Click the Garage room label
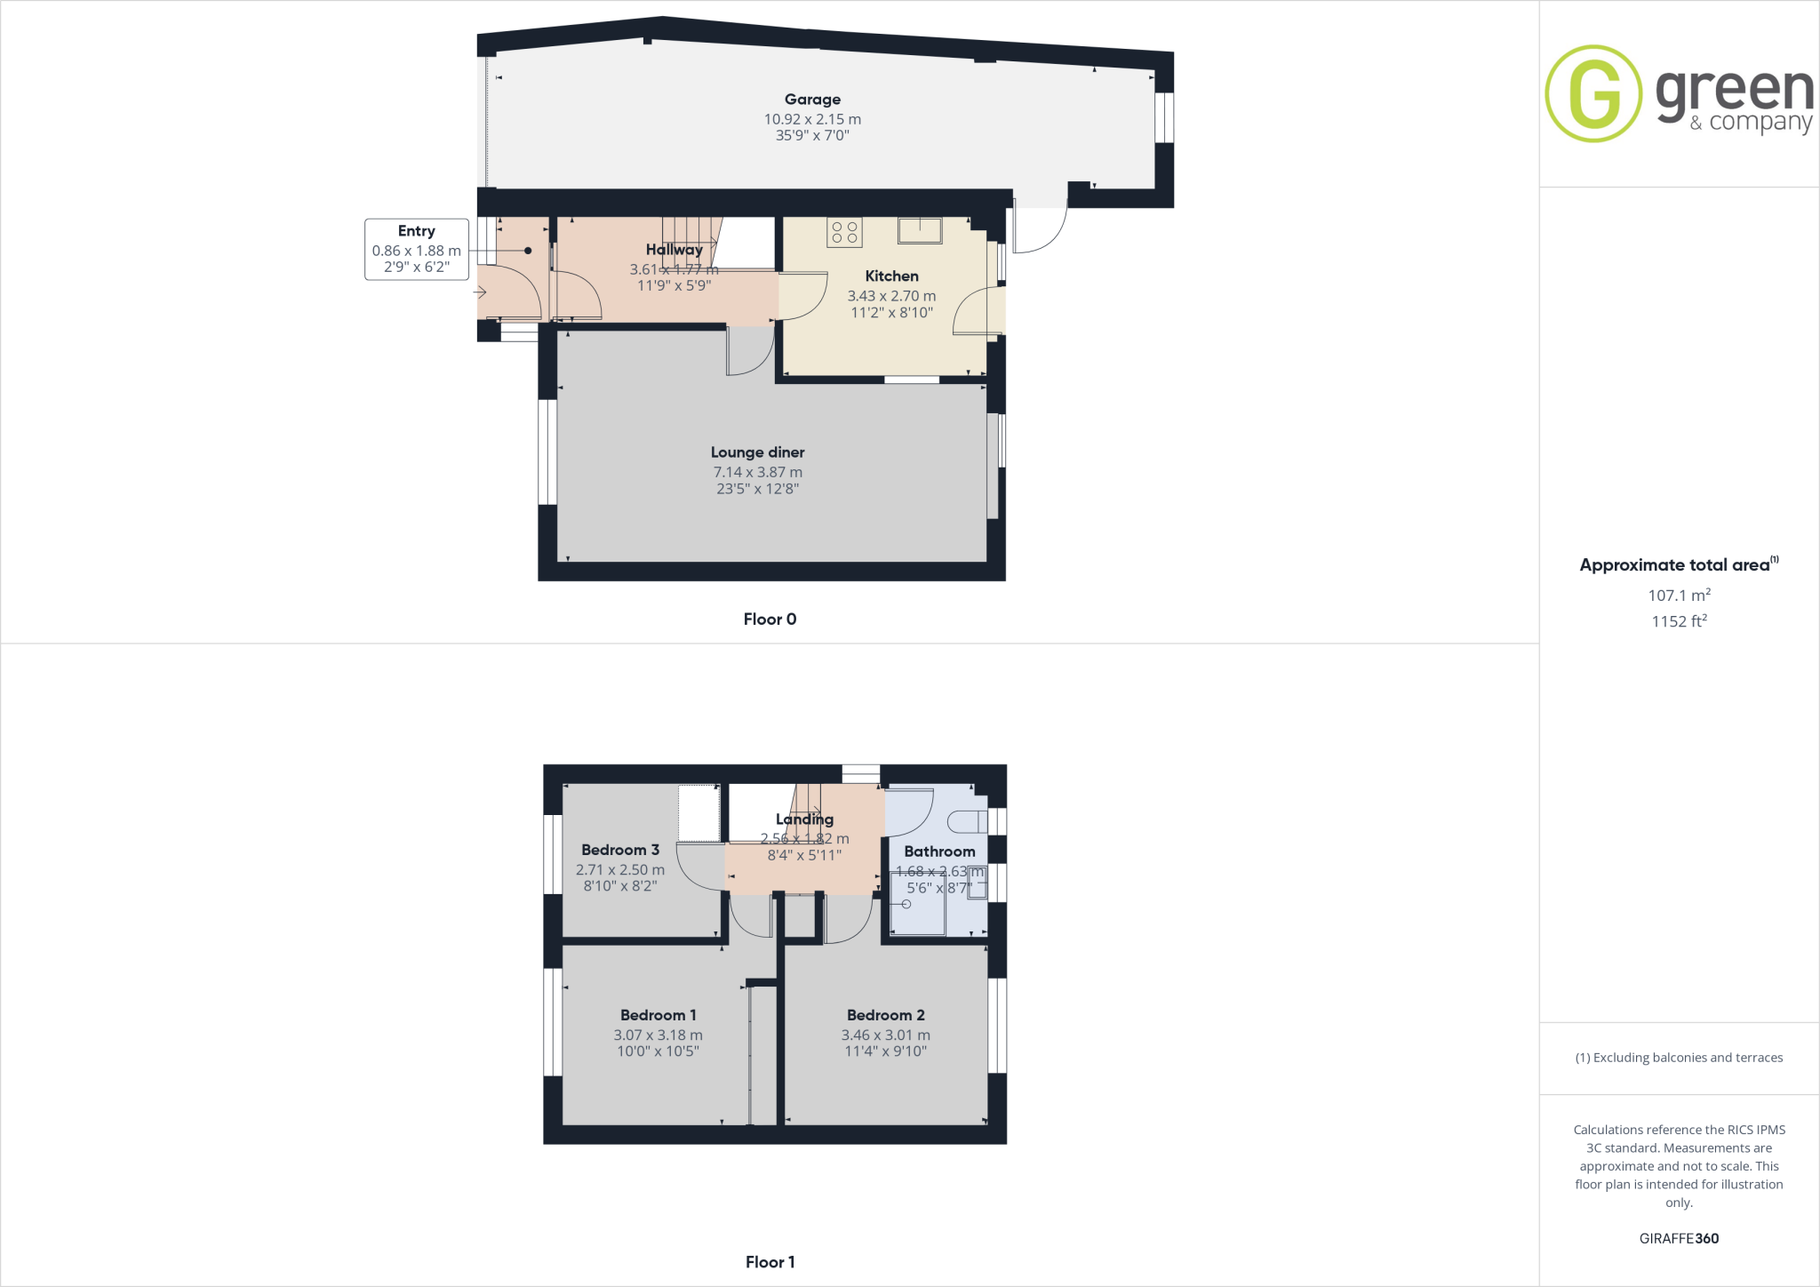coord(812,100)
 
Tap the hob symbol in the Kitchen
coord(844,232)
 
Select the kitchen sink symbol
coord(920,230)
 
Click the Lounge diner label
coord(757,452)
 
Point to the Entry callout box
coord(416,249)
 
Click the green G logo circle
coord(1593,93)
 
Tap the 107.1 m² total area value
coord(1679,596)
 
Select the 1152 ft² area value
coord(1679,621)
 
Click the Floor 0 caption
coord(770,620)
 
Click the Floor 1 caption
coord(770,1262)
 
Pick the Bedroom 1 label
coord(658,1015)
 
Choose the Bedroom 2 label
coord(885,1015)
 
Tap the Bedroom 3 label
coord(620,850)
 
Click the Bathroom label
coord(939,851)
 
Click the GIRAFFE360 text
coord(1679,1238)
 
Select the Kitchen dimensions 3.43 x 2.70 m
coord(891,296)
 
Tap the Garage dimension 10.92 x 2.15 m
coord(812,119)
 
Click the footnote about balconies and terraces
coord(1679,1058)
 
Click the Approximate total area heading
coord(1675,565)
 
